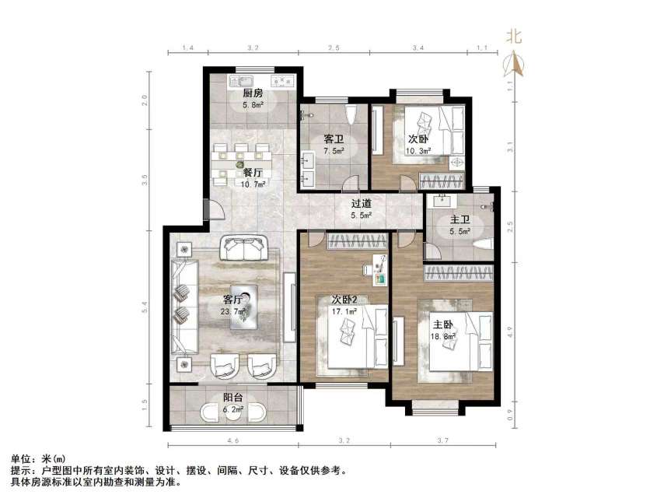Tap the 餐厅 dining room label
click(252, 173)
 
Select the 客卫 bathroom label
click(334, 139)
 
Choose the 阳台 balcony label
click(233, 397)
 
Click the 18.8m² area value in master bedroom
click(445, 337)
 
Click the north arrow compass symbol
click(514, 63)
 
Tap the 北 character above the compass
click(514, 35)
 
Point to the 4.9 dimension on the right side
click(511, 330)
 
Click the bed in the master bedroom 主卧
click(460, 342)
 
